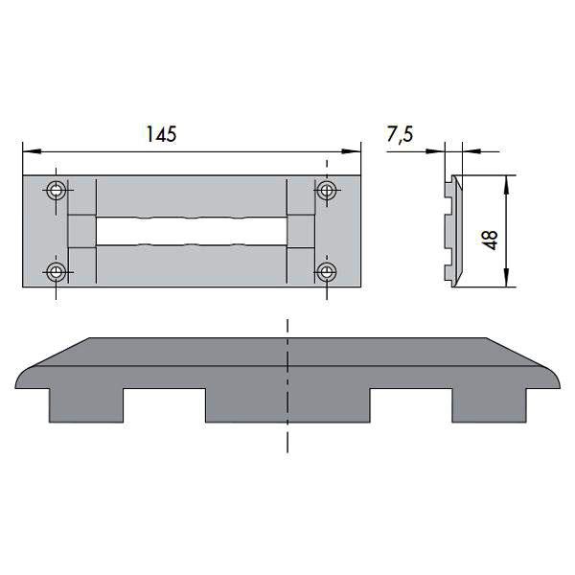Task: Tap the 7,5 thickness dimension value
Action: pos(400,134)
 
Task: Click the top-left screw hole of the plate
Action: pos(57,190)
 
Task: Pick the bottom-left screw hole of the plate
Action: pos(57,273)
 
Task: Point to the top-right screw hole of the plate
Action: pos(327,190)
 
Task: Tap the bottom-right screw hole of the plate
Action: pos(327,273)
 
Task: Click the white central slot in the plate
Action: pos(191,231)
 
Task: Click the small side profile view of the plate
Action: pos(452,230)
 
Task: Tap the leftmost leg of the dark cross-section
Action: pos(85,405)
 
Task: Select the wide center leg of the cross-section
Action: pos(287,405)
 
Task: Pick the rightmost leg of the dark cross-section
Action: pos(490,405)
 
